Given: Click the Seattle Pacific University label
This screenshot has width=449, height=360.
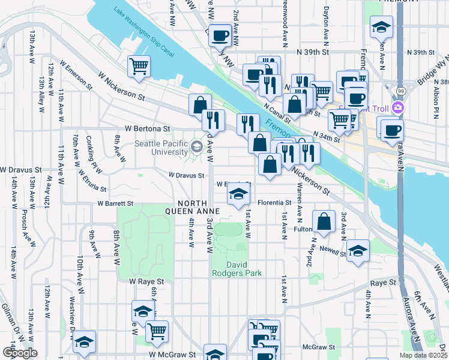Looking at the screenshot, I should tap(161, 148).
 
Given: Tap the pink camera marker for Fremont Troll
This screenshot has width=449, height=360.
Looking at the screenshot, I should tap(397, 108).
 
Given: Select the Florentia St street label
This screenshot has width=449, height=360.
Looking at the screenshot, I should tap(274, 203).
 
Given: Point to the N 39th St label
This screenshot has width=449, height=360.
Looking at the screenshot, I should tap(314, 52).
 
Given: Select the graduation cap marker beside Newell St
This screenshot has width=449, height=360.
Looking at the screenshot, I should tap(358, 250).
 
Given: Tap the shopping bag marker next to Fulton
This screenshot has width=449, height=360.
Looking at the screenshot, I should tap(324, 220).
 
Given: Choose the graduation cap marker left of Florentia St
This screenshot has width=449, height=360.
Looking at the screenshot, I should tap(238, 193).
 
